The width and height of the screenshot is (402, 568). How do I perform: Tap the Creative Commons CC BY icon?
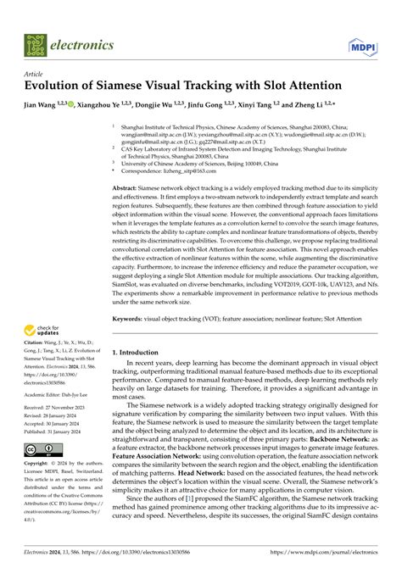coord(39,449)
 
